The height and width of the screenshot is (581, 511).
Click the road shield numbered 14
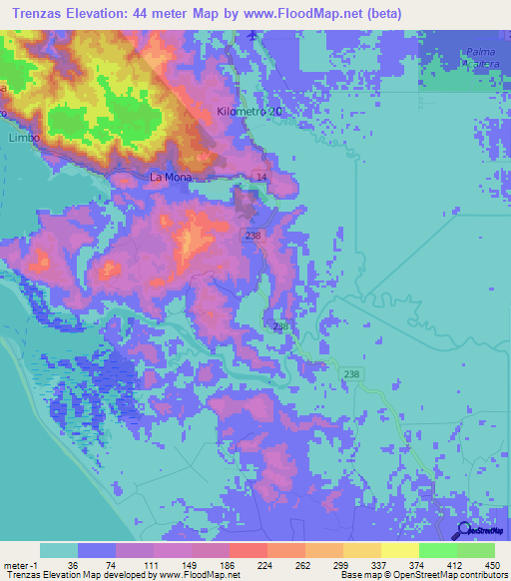point(260,177)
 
